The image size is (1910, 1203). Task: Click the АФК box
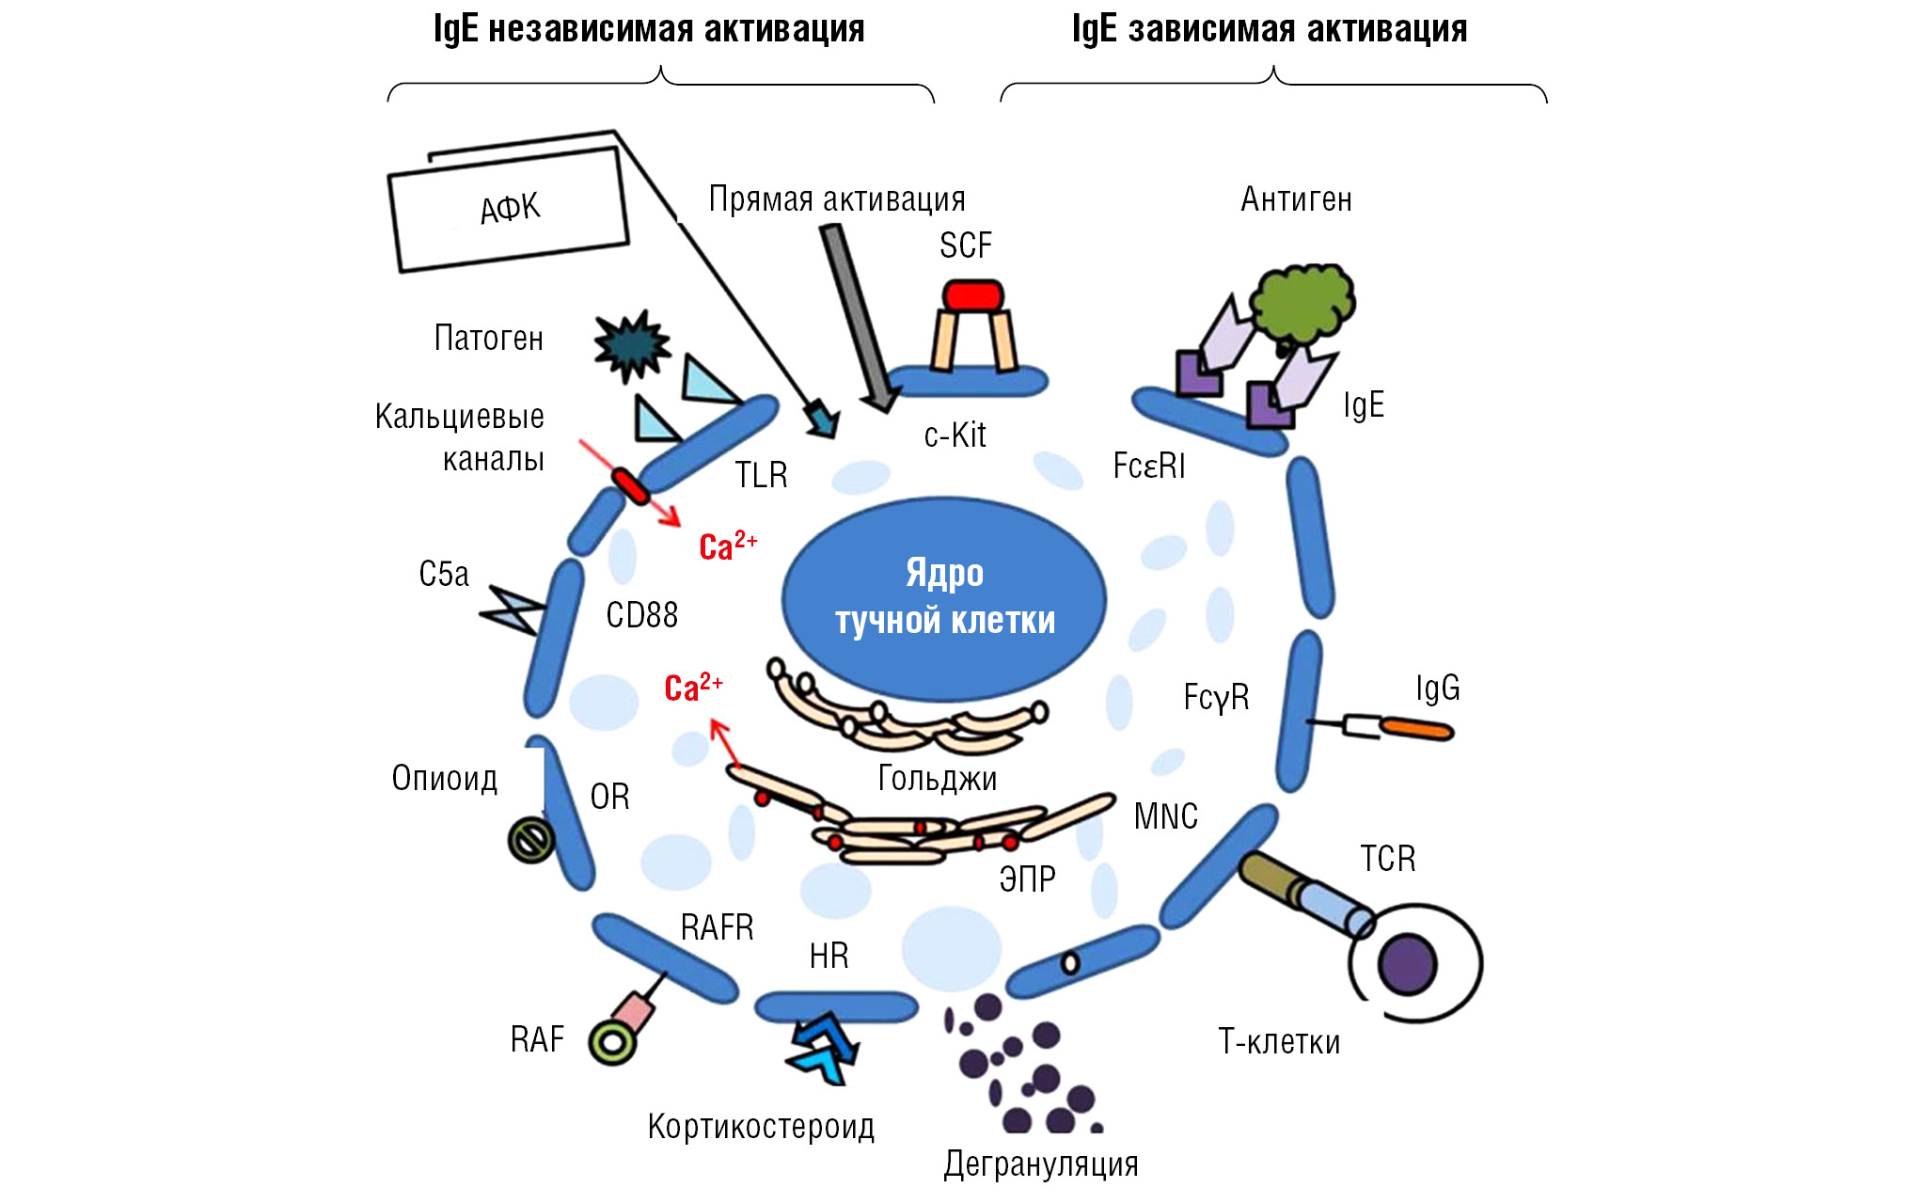509,209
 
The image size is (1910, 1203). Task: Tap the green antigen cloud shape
1302,303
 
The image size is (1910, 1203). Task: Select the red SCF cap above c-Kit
973,295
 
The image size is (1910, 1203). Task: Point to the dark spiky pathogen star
631,345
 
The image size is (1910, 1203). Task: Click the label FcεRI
1148,466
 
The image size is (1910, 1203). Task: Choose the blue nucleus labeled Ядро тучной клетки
944,598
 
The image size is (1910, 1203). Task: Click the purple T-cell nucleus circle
1407,964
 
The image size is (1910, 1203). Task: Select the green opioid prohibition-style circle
531,839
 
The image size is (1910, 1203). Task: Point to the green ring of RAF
612,1043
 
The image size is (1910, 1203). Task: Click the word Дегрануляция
1041,1164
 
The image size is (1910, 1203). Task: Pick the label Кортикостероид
761,1126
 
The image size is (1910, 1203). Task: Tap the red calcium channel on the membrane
629,485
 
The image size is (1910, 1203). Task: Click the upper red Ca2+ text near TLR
727,546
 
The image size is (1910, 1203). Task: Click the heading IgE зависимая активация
1269,29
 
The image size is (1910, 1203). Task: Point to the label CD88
641,615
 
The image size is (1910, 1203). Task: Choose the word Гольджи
937,778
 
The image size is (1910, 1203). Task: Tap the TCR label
1387,859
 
